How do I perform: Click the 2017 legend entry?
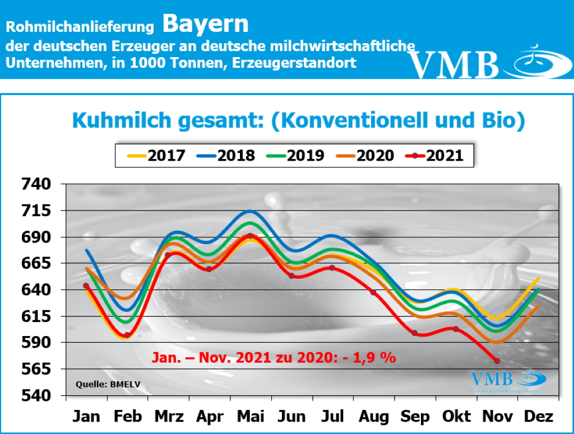click(x=156, y=155)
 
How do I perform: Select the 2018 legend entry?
click(x=226, y=155)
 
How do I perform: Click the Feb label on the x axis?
click(x=127, y=417)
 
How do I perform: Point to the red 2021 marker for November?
click(x=497, y=361)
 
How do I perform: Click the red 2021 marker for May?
click(x=250, y=236)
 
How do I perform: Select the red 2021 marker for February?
click(x=127, y=335)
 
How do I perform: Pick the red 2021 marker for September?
click(x=415, y=333)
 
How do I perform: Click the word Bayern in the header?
click(x=206, y=24)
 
